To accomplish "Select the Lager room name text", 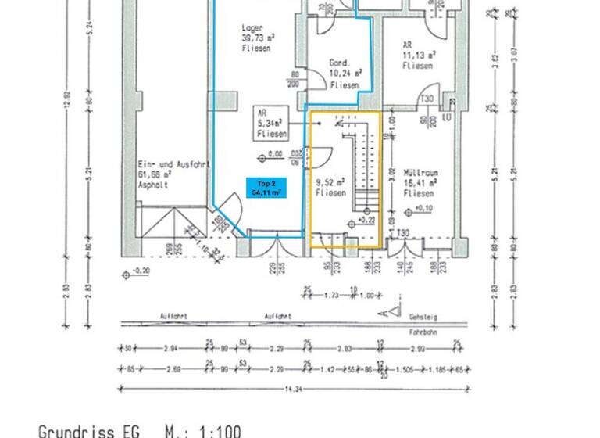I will [x=252, y=27].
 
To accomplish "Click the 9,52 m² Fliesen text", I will [x=330, y=186].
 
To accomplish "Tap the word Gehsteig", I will [x=423, y=318].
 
